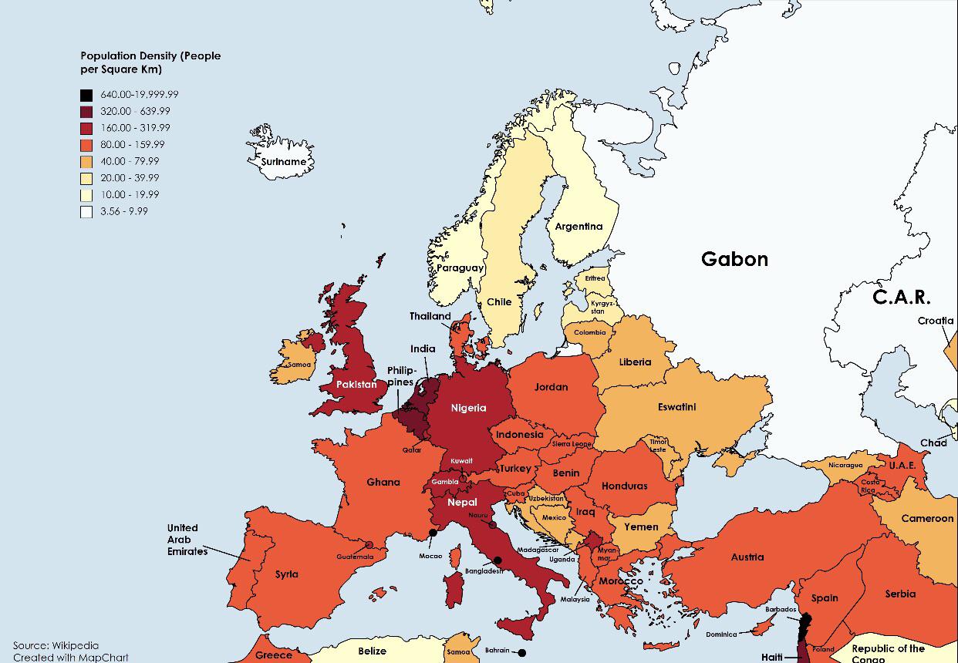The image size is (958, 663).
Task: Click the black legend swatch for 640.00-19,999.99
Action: click(x=86, y=95)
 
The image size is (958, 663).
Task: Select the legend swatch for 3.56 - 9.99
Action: click(x=86, y=211)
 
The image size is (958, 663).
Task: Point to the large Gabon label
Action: click(x=734, y=259)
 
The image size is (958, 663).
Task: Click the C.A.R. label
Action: click(x=901, y=297)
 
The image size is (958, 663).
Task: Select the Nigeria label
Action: click(x=469, y=408)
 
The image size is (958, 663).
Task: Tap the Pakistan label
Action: click(x=356, y=384)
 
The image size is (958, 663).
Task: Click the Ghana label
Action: click(x=383, y=483)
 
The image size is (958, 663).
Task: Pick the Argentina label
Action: click(x=579, y=227)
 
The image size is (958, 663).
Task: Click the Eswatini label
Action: click(x=676, y=406)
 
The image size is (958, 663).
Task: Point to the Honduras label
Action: click(x=625, y=486)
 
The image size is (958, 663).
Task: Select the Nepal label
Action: click(x=462, y=503)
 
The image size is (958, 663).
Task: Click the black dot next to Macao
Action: click(x=433, y=533)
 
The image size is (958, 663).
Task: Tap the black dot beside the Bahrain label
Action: click(x=522, y=653)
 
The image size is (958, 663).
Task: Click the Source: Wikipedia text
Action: click(x=56, y=645)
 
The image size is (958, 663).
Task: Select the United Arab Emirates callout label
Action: click(x=187, y=540)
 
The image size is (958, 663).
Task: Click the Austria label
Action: click(x=747, y=557)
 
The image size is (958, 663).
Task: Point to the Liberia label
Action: click(x=635, y=362)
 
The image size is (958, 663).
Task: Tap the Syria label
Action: click(x=286, y=574)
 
